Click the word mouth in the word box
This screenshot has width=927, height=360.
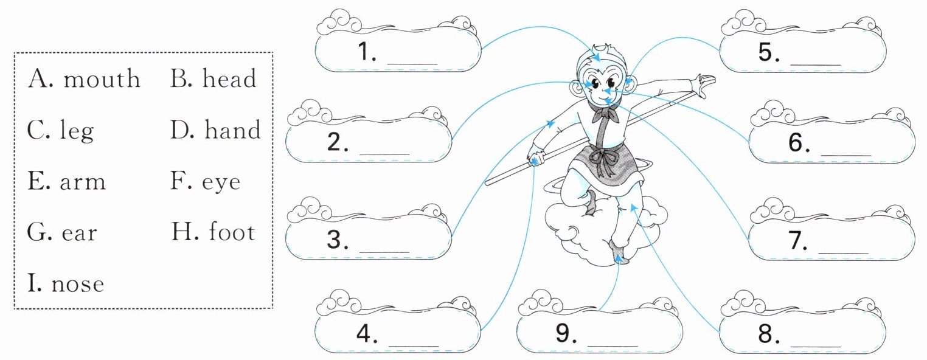tap(102, 78)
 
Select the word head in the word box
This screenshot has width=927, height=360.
tap(229, 78)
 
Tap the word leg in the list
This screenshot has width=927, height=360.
tap(77, 130)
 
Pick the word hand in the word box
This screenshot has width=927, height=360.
tap(232, 129)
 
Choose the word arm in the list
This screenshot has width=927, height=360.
tap(83, 182)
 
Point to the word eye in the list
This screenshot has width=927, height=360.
tap(221, 182)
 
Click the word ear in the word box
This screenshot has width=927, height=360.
tap(79, 233)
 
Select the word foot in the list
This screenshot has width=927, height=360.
tap(232, 231)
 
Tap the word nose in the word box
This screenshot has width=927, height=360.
tap(78, 284)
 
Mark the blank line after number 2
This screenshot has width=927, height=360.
tap(384, 154)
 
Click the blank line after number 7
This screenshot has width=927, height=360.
tap(843, 252)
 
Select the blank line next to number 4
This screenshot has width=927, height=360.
tap(414, 345)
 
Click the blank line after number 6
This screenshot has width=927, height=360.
tap(846, 154)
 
